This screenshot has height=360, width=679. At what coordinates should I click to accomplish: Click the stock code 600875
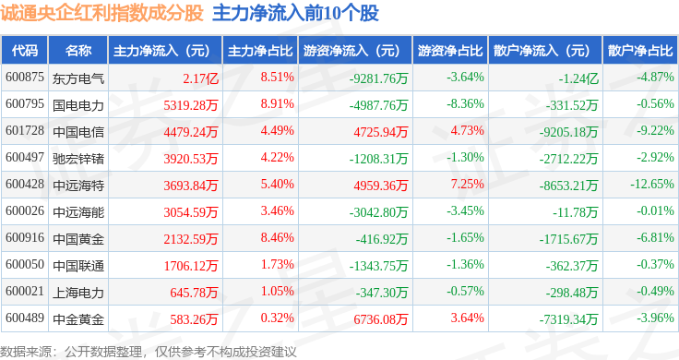[x=25, y=78]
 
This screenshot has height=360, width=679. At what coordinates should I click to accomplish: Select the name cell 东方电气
[x=78, y=78]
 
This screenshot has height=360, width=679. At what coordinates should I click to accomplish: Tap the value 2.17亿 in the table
[x=200, y=78]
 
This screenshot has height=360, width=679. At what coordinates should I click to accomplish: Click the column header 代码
[x=25, y=51]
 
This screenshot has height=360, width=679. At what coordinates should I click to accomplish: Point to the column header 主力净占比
[x=260, y=51]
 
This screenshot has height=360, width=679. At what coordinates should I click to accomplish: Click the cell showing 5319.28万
[x=191, y=105]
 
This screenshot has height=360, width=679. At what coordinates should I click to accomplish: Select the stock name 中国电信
[x=78, y=132]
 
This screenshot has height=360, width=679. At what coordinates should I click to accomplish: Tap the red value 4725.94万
[x=381, y=132]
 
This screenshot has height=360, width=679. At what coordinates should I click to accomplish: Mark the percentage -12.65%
[x=652, y=184]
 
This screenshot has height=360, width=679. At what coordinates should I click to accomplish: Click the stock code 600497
[x=25, y=157]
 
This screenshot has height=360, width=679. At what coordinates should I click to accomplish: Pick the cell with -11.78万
[x=575, y=212]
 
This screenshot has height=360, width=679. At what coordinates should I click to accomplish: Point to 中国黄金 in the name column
[x=78, y=239]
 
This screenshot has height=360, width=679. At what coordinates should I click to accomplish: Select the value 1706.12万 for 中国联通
[x=191, y=266]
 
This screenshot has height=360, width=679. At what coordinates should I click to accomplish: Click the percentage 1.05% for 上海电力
[x=277, y=291]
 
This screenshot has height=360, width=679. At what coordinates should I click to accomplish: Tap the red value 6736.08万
[x=381, y=319]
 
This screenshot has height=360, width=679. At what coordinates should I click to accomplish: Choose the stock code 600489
[x=25, y=318]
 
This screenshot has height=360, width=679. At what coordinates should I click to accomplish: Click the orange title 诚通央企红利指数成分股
[x=101, y=13]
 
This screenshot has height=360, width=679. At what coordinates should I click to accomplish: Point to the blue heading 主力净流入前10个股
[x=296, y=13]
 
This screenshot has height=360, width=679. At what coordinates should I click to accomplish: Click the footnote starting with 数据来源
[x=149, y=352]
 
